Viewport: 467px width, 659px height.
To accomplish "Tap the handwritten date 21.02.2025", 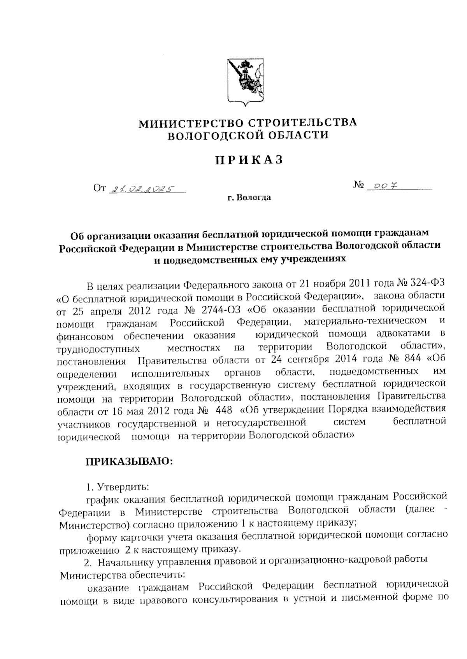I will coord(142,190).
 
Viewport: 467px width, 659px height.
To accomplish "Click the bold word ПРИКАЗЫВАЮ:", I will coord(128,461).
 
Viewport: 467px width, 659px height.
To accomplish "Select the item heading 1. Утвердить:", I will coord(117,487).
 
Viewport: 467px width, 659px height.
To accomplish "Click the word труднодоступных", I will coord(98,348).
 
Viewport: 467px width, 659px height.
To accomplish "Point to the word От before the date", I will coord(99,189).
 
